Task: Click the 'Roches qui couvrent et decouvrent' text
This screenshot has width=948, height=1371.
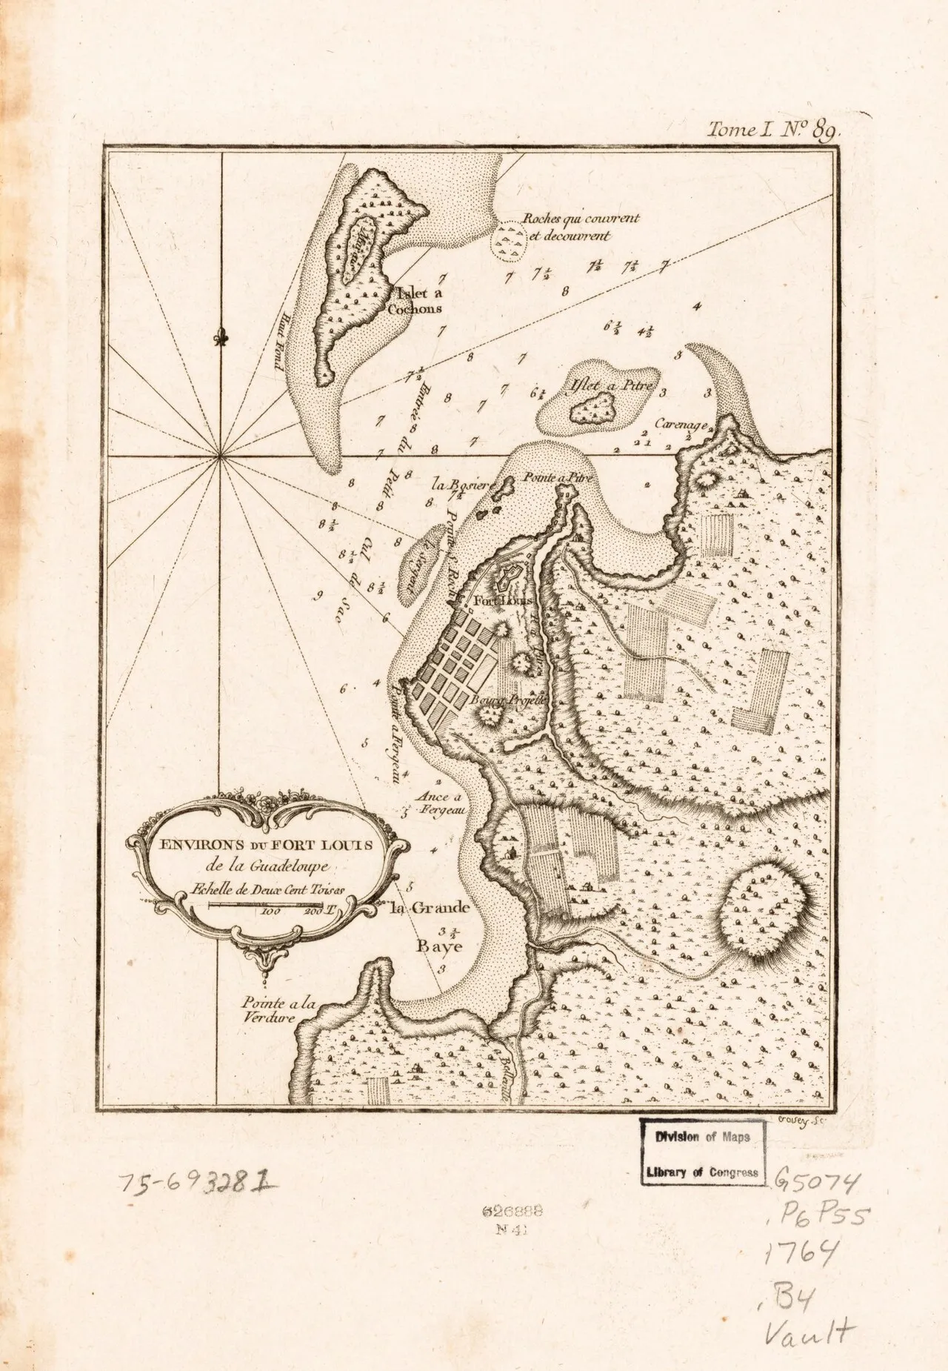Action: coord(579,227)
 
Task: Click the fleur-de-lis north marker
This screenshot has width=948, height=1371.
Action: coord(221,337)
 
